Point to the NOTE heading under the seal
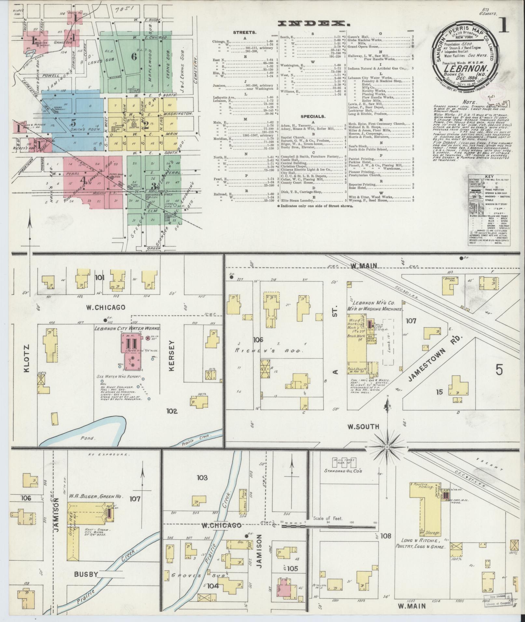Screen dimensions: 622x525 (470, 101)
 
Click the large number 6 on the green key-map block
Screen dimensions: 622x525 (134, 56)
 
